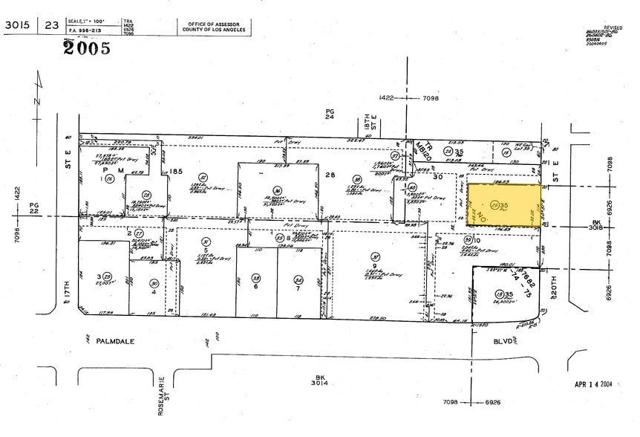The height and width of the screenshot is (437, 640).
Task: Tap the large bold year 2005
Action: click(x=87, y=48)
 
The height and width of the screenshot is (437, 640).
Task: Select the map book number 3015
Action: click(x=19, y=25)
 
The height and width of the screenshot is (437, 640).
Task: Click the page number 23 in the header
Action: click(x=52, y=25)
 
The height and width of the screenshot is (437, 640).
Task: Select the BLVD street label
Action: click(x=503, y=342)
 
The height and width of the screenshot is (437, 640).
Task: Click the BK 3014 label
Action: click(x=320, y=382)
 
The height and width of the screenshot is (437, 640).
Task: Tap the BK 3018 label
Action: click(x=595, y=226)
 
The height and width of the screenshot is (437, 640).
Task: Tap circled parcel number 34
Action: click(x=298, y=279)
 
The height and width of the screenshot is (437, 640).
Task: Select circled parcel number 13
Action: click(x=500, y=294)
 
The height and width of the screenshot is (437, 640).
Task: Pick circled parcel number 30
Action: click(x=153, y=282)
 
